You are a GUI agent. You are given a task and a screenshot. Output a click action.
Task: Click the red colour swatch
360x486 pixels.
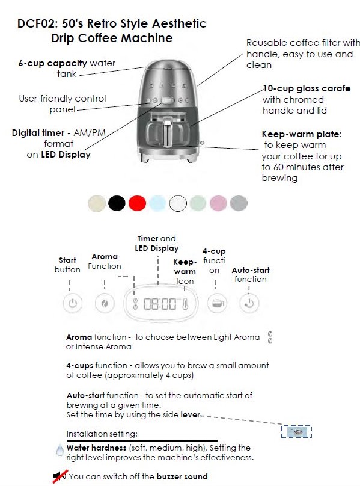click(137, 203)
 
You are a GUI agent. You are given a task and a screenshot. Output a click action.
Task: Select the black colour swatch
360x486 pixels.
click(117, 203)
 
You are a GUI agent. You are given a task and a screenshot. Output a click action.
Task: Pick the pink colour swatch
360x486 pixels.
click(218, 203)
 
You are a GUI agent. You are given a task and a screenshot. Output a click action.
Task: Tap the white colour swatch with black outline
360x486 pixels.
click(178, 203)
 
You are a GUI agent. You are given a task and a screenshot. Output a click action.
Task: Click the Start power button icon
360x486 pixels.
click(73, 303)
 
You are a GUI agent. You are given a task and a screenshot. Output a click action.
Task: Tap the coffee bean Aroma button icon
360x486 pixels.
click(105, 303)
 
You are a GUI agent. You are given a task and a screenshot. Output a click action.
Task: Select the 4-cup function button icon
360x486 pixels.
click(217, 303)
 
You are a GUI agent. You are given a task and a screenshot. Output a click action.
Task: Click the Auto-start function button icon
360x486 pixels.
click(249, 303)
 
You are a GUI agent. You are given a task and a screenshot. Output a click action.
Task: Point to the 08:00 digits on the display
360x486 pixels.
click(160, 304)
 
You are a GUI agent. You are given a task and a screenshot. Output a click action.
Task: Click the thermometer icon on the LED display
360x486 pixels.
click(185, 304)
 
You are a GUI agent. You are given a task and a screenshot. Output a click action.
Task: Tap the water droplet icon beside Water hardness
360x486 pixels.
click(59, 450)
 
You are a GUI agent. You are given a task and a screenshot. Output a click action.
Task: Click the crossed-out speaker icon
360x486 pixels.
click(59, 476)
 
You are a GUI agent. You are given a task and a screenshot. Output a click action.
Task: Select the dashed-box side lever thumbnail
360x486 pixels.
click(296, 431)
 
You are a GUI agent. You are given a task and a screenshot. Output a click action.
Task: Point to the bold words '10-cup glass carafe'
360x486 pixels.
click(307, 88)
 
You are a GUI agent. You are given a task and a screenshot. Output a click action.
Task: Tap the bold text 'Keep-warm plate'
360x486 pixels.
click(301, 134)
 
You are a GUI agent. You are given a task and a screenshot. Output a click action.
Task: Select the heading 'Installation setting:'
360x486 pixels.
click(102, 434)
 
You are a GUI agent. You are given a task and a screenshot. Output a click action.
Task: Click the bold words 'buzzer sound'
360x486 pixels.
click(182, 476)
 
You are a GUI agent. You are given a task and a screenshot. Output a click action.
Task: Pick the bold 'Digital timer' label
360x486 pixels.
click(38, 133)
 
